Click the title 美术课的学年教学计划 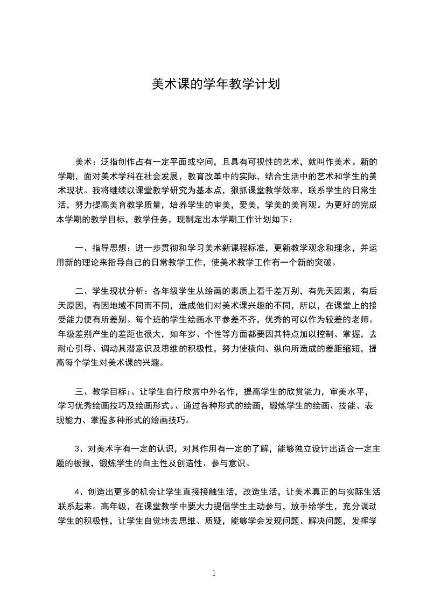pos(213,85)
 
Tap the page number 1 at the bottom pos(214,574)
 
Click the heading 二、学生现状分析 pos(109,292)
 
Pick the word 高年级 pos(115,506)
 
